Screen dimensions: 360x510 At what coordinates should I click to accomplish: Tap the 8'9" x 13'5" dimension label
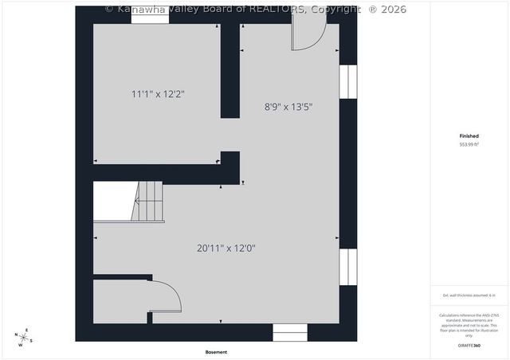click(288, 106)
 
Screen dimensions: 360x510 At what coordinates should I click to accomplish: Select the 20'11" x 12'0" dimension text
click(226, 248)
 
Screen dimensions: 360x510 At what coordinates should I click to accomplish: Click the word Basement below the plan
click(216, 352)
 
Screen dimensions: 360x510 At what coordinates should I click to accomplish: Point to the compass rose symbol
click(25, 337)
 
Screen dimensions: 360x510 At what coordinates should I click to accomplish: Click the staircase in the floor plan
click(148, 202)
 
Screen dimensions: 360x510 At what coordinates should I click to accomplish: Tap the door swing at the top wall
click(308, 36)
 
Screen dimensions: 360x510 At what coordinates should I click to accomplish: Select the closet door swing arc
click(166, 296)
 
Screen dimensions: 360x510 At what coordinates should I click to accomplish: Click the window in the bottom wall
click(289, 332)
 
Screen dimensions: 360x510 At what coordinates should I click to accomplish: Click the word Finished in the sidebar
click(469, 136)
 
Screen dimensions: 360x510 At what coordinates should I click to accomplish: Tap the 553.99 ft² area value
click(469, 145)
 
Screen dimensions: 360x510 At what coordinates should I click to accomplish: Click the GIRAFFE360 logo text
click(469, 346)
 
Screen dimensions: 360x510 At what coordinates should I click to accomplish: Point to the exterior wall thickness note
click(469, 295)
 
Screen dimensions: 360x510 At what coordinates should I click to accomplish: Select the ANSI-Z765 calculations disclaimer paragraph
click(469, 325)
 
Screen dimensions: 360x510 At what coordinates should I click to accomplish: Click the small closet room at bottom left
click(120, 302)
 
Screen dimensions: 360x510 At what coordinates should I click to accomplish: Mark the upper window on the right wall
click(348, 82)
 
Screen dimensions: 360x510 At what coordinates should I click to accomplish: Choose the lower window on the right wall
click(348, 266)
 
